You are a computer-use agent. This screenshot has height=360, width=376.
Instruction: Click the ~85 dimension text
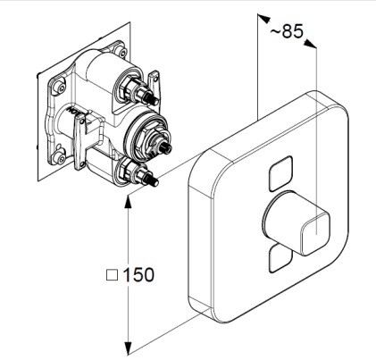click(x=287, y=31)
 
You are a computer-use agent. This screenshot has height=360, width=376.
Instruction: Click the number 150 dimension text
click(x=138, y=274)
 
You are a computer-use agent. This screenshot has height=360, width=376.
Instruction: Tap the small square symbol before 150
click(x=113, y=275)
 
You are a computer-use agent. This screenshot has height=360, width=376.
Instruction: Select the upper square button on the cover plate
click(x=280, y=173)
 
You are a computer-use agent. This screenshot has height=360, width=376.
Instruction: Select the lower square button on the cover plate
click(x=280, y=258)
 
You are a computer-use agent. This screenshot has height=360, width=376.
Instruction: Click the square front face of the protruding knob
click(x=315, y=233)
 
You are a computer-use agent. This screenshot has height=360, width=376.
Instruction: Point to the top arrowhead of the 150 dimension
click(x=128, y=202)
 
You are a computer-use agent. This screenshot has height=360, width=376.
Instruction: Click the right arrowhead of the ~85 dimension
click(x=310, y=43)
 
